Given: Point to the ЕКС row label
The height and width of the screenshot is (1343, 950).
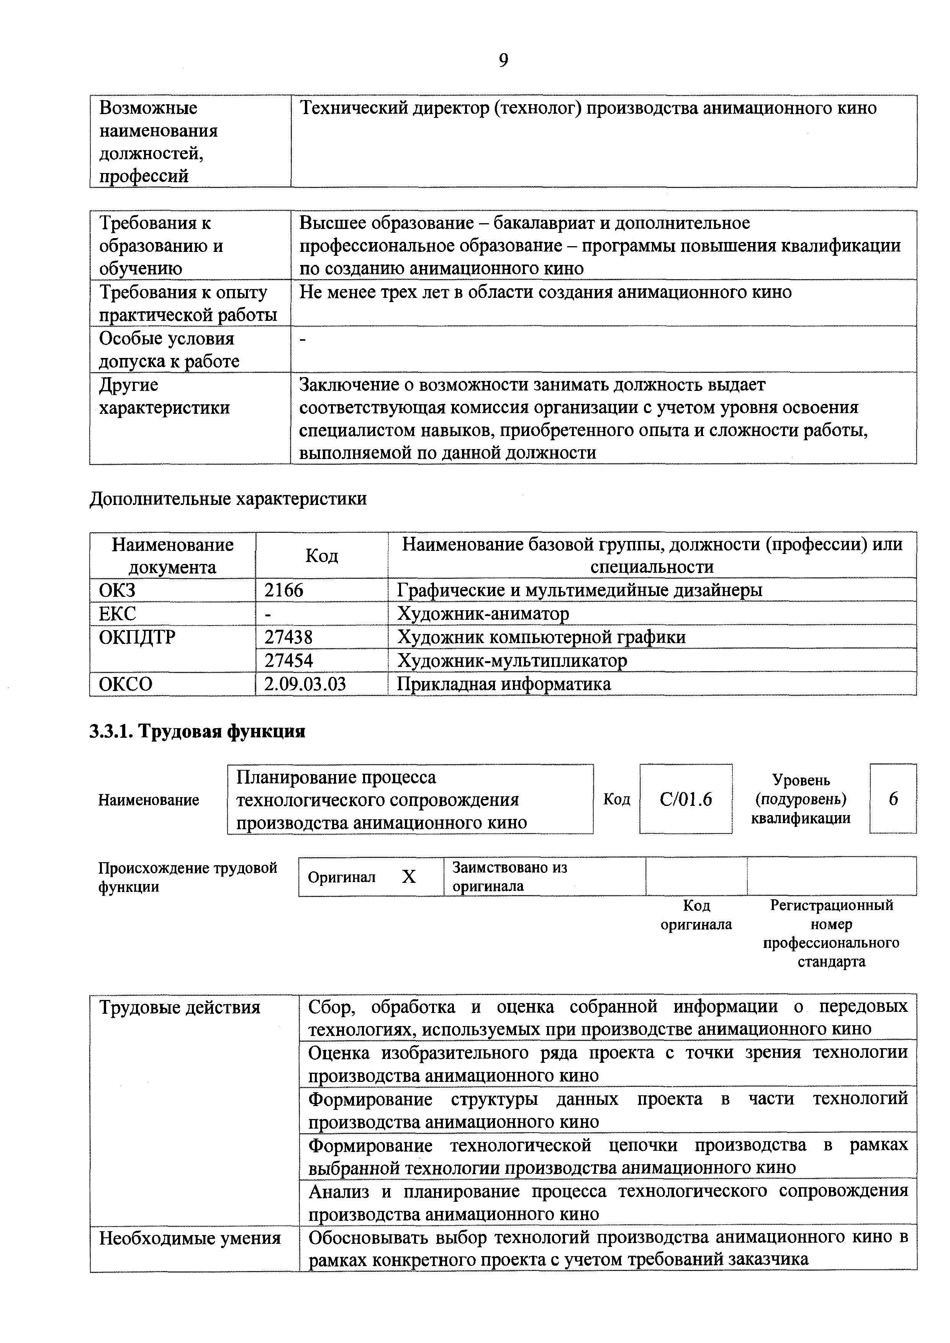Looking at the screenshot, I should [118, 614].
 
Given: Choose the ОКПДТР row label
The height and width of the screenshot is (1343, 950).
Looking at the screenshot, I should [137, 637].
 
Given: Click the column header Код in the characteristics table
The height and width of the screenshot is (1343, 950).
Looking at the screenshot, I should [321, 555].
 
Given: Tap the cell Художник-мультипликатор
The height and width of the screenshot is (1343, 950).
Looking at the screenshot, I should [512, 660].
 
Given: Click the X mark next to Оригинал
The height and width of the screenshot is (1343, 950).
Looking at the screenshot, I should [409, 877].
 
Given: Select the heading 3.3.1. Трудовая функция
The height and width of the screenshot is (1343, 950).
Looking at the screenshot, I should [197, 732].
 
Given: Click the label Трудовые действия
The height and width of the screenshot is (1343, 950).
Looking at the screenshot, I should [180, 1007].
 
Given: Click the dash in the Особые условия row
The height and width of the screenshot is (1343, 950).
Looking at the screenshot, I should [303, 339].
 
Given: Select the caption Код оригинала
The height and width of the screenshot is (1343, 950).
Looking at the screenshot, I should [696, 915].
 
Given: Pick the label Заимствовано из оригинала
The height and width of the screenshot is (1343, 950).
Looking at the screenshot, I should [510, 876].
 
